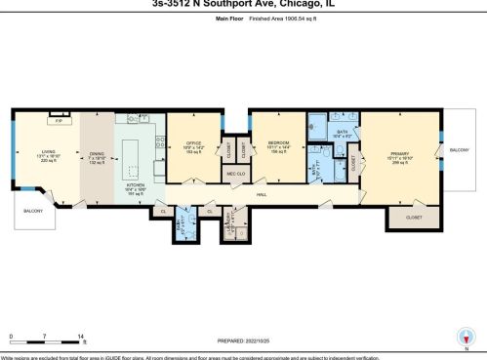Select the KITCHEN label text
[x=135, y=182]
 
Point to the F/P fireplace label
[x=58, y=123]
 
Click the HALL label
[x=263, y=195]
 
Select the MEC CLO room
[x=234, y=175]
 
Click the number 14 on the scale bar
[x=80, y=336]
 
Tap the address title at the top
[x=243, y=4]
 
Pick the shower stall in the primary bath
[x=316, y=124]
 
